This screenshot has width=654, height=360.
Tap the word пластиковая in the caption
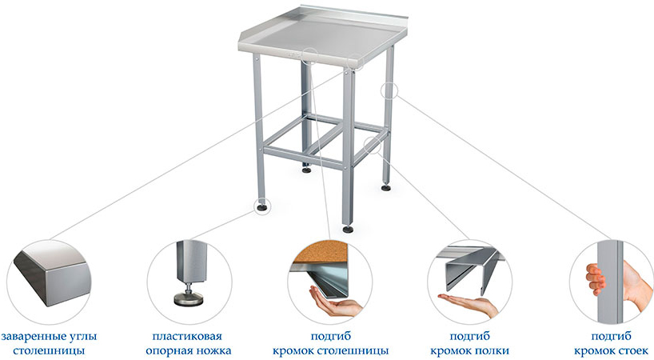pyautogui.click(x=187, y=336)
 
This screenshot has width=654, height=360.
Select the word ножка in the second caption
pyautogui.click(x=213, y=351)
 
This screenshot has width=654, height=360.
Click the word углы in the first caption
pyautogui.click(x=86, y=336)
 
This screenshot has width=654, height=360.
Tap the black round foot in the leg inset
pyautogui.click(x=189, y=298)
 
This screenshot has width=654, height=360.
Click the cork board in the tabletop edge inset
pyautogui.click(x=320, y=251)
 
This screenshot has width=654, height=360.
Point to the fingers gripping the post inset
pyautogui.click(x=595, y=278)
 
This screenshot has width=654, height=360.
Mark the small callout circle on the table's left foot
pyautogui.click(x=262, y=206)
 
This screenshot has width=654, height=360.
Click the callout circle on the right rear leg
pyautogui.click(x=389, y=90)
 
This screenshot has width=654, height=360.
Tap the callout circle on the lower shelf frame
pyautogui.click(x=373, y=145)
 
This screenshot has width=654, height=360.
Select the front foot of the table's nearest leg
pyautogui.click(x=348, y=229)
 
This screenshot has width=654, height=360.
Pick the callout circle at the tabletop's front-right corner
pyautogui.click(x=355, y=62)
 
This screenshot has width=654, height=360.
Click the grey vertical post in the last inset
pyautogui.click(x=610, y=282)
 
